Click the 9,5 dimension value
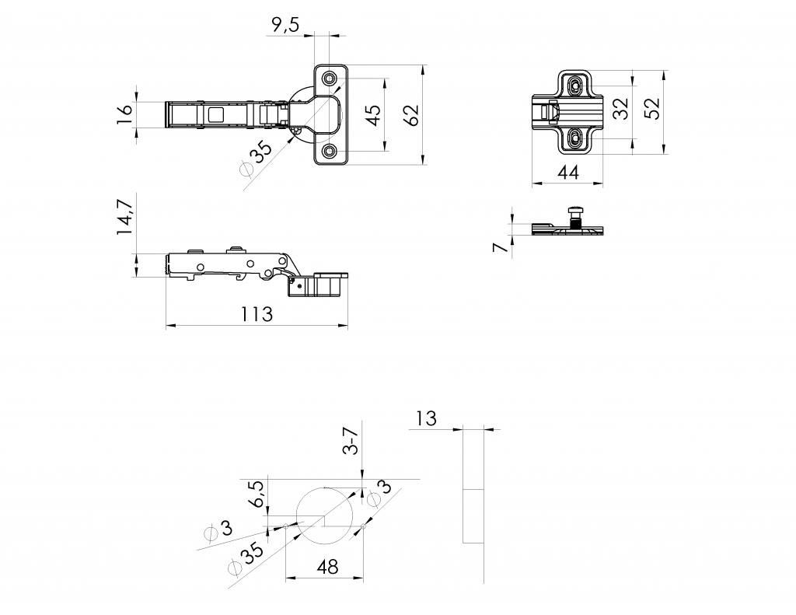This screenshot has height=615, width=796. [x=286, y=24]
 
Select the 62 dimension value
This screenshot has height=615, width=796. [x=413, y=115]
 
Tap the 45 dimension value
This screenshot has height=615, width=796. [x=373, y=115]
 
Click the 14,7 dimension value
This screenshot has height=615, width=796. [x=125, y=216]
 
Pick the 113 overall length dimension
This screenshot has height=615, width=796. [x=257, y=314]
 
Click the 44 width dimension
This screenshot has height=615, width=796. [x=568, y=173]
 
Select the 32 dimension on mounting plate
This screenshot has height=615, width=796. [x=620, y=108]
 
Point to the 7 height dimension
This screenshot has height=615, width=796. [x=501, y=247]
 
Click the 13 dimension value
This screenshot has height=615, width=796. [x=426, y=419]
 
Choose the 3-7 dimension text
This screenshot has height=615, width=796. [x=351, y=441]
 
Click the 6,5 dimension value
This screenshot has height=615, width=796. [x=257, y=494]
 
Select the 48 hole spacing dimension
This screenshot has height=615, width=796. [x=327, y=566]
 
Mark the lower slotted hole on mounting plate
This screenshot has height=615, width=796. [x=575, y=137]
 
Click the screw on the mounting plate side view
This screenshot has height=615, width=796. [x=575, y=218]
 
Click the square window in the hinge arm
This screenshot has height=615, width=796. [x=215, y=115]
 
